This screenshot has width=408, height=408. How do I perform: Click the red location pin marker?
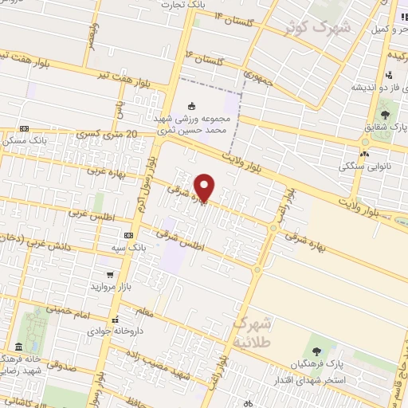point(206,187)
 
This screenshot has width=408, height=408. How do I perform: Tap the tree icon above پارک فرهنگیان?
point(316,351)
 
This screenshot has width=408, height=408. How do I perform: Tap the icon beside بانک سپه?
point(129,236)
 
